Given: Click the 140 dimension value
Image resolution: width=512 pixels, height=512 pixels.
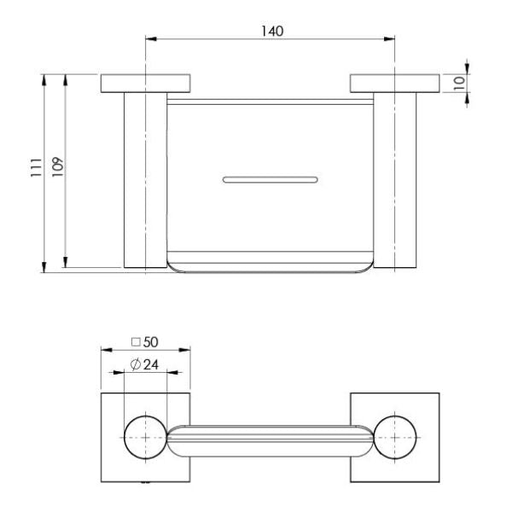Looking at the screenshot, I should pos(272,30).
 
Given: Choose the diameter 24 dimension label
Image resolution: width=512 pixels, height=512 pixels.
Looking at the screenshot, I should pos(144,366).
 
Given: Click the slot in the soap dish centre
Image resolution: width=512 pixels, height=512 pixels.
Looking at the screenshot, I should pos(271,179).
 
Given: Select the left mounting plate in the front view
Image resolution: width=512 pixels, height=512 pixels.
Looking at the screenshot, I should pos(145,84).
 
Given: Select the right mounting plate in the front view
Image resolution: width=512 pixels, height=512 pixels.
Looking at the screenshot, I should pos(393,84).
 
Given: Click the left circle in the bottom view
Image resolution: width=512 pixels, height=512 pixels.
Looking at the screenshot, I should pos(145,436).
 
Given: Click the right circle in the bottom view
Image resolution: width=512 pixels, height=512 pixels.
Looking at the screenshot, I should pos(394,436).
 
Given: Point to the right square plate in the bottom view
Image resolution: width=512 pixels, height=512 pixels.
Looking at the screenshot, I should pos(427,405).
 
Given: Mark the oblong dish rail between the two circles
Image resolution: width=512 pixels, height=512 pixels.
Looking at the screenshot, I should pos(270,438).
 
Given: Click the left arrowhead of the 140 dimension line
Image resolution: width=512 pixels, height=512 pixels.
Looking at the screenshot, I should pos(151,38).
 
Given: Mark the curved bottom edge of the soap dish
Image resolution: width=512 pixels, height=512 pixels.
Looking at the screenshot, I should pos(271,271).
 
